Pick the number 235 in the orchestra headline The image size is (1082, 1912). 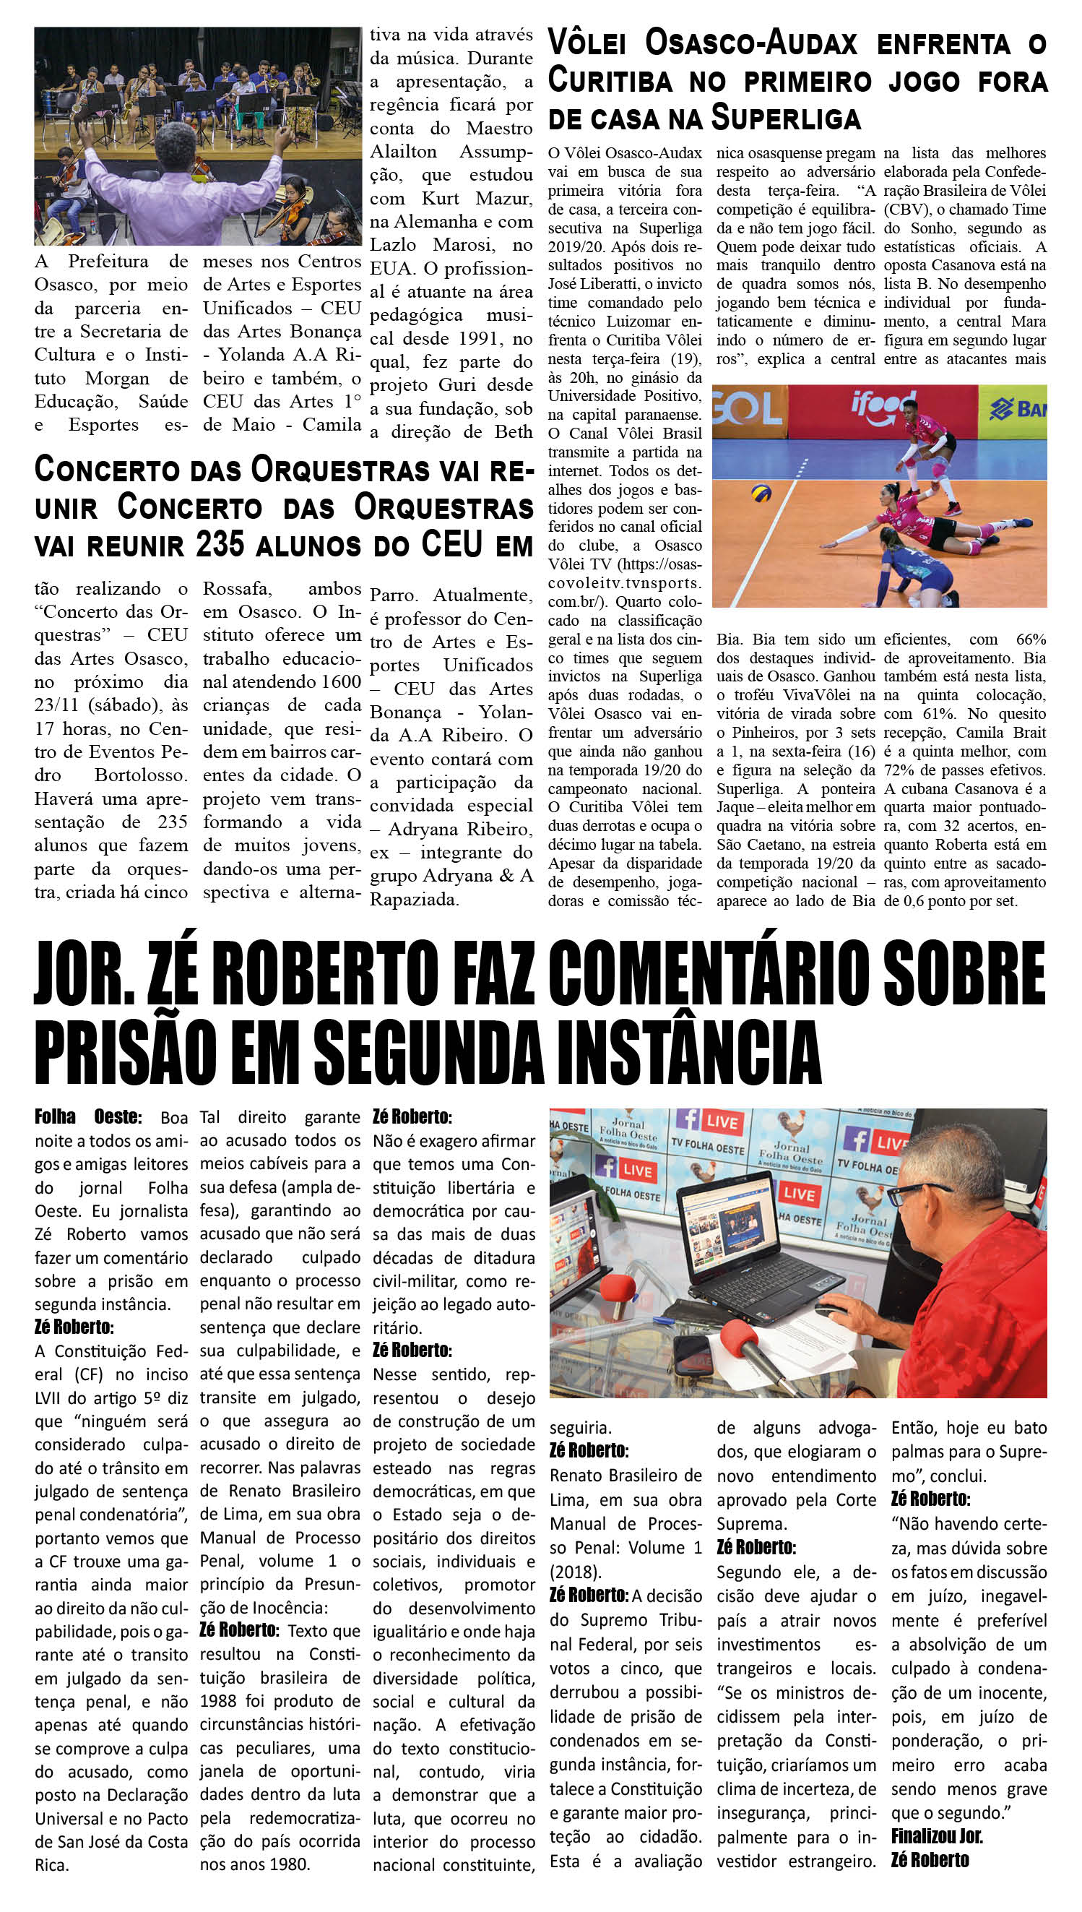[220, 545]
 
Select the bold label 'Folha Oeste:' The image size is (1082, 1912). [87, 1116]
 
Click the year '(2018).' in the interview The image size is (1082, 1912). [574, 1572]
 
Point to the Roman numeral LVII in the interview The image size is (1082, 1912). [48, 1398]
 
